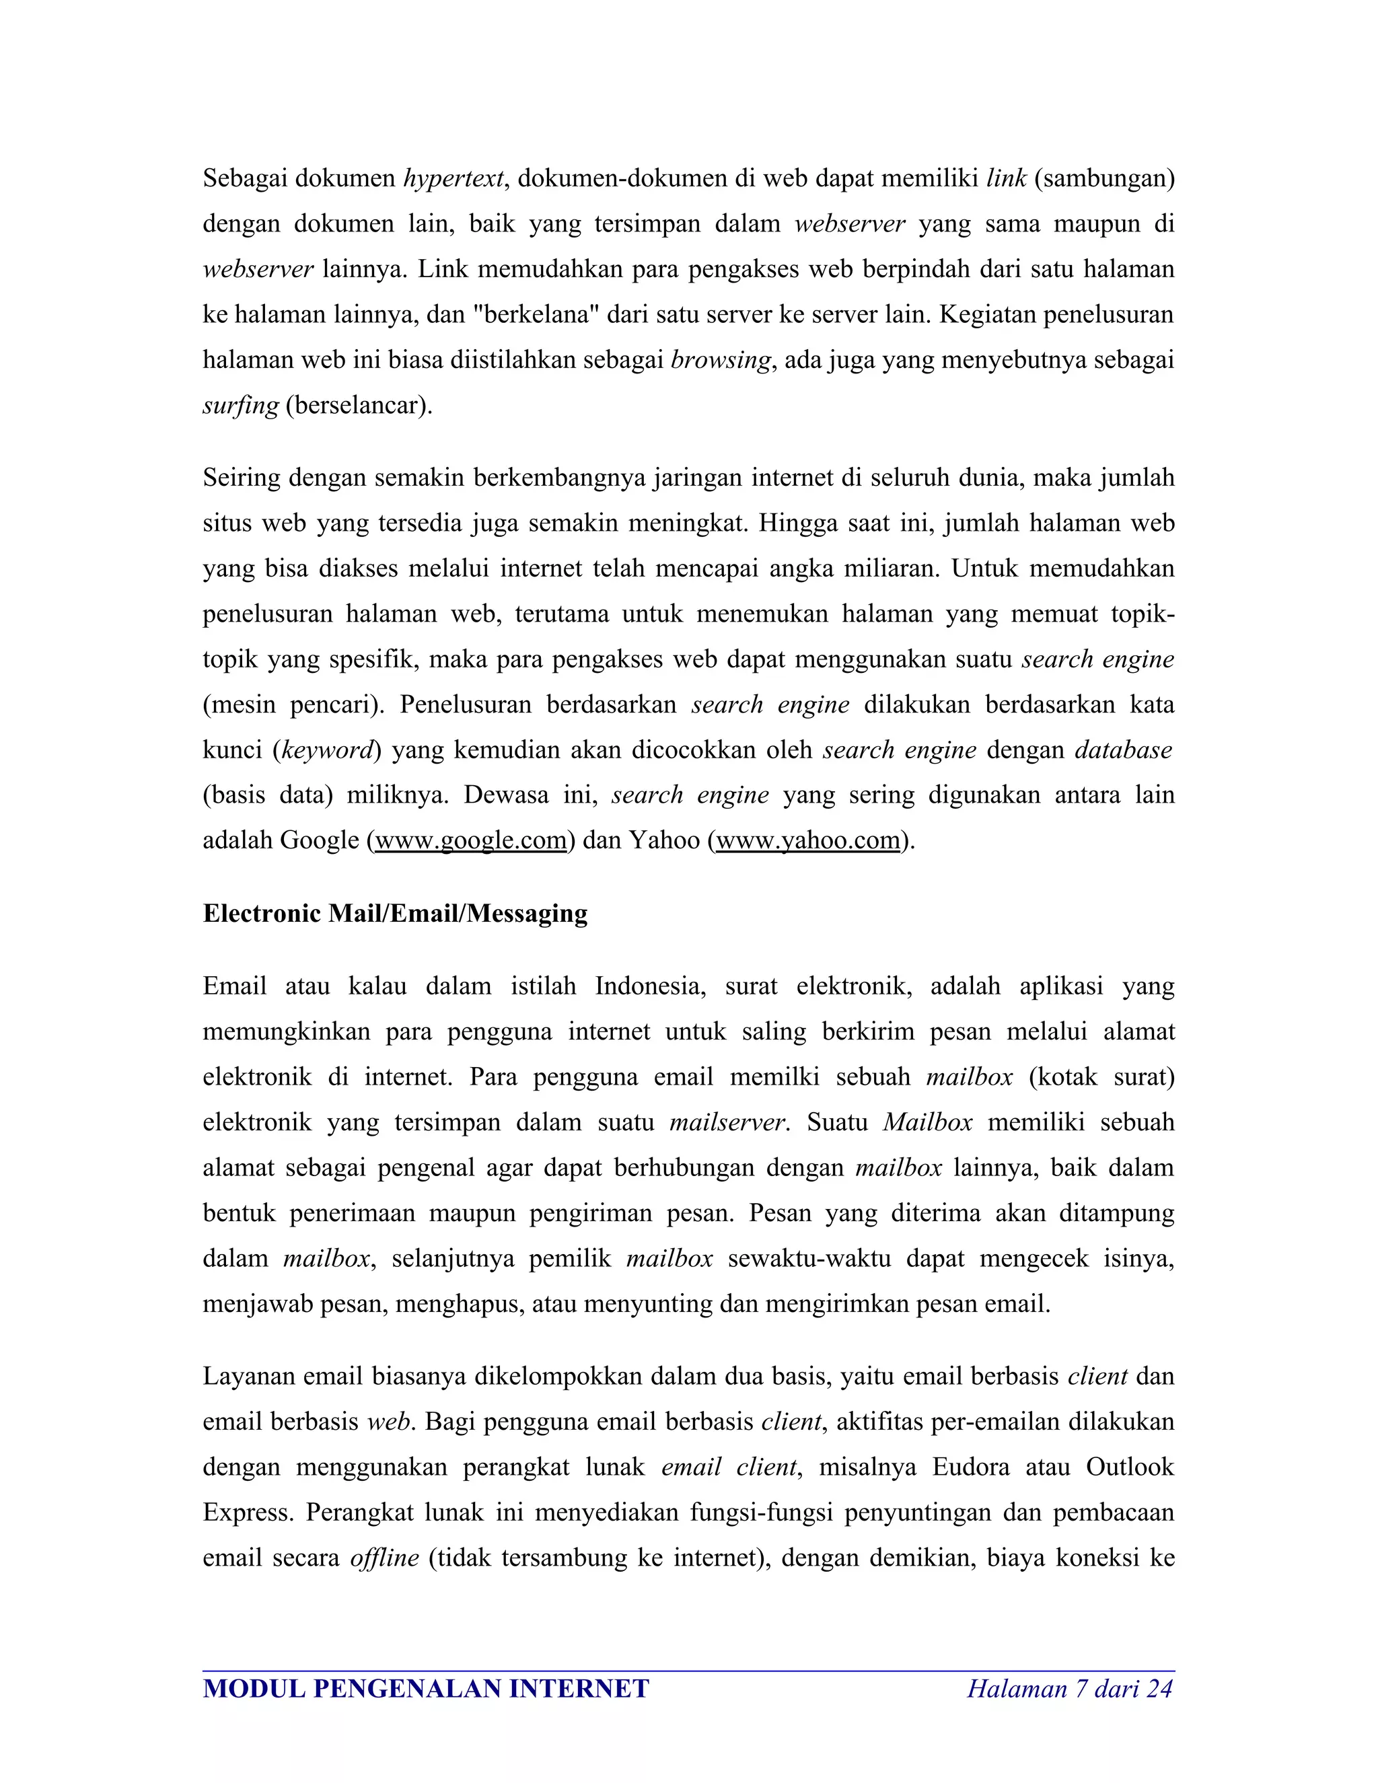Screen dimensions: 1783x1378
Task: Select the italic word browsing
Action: [720, 360]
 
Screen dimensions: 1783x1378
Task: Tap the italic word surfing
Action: [240, 406]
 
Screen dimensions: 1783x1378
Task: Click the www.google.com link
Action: [470, 840]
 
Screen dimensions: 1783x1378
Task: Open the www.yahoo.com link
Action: [808, 840]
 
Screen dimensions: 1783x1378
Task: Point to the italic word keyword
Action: [326, 750]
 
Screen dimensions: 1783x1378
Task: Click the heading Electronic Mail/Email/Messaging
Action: [395, 914]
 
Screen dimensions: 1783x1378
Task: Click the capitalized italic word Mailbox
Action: [927, 1122]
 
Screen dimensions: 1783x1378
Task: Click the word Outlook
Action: [1130, 1467]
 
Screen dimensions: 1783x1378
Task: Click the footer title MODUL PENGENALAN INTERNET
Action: [425, 1688]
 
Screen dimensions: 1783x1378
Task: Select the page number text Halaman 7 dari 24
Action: [1069, 1688]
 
